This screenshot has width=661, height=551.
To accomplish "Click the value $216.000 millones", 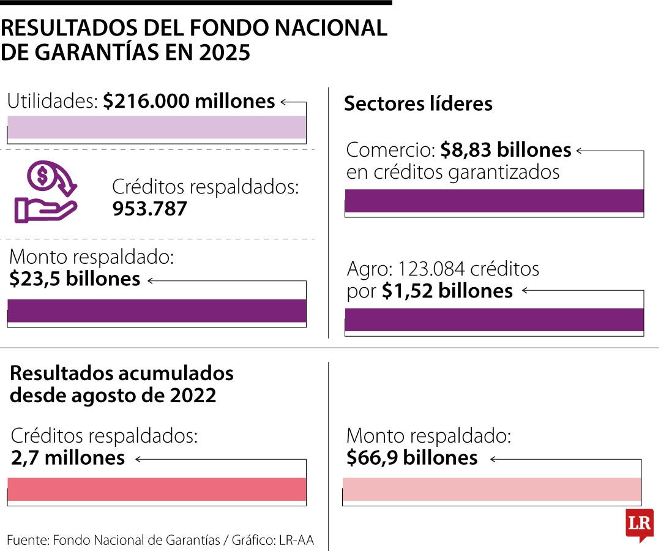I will tap(189, 101).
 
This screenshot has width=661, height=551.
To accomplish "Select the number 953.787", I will tap(150, 209).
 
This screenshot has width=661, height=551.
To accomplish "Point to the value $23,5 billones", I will tap(75, 279).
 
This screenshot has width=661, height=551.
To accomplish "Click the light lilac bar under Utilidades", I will tap(157, 127).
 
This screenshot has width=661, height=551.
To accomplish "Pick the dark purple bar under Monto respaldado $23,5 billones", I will tap(157, 310).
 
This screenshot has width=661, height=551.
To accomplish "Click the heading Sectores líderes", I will tap(418, 103).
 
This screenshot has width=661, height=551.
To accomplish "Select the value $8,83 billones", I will tap(506, 150).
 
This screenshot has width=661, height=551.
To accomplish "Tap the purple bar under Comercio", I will tap(495, 201).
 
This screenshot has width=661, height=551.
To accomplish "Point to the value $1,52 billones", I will tap(447, 291).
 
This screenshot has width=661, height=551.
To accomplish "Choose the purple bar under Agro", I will tap(495, 320).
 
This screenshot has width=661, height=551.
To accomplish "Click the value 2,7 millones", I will tap(68, 457).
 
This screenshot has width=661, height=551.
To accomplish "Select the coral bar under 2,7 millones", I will tap(157, 489).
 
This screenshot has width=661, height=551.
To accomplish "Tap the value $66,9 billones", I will tap(412, 457).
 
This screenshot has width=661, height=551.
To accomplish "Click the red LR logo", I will tap(639, 524).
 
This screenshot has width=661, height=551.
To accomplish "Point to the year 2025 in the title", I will tap(225, 53).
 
